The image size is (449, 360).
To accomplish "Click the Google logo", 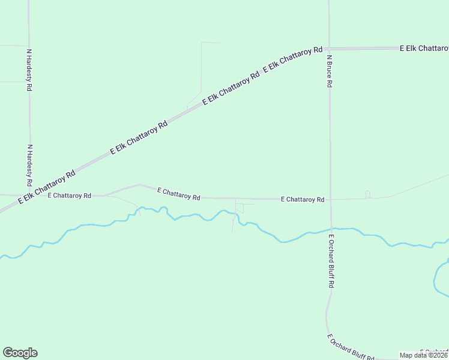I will point(20,353).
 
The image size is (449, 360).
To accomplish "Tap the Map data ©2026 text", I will point(424,355).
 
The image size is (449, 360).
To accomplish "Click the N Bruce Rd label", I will point(330,72).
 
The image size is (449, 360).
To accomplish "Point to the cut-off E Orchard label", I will point(433,352).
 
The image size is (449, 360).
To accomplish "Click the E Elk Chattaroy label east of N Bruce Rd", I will point(424,48).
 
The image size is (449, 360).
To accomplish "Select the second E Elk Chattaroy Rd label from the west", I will point(139,139).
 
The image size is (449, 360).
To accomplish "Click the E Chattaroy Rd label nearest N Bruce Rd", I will point(303,199).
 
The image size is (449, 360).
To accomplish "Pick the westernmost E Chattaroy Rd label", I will point(69,196).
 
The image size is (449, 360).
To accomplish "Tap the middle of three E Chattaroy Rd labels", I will point(178,193).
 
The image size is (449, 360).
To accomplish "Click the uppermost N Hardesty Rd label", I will point(29,70).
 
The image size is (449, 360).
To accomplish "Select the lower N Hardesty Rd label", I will point(29,165).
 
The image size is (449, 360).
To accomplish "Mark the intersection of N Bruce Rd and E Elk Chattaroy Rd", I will point(329,49).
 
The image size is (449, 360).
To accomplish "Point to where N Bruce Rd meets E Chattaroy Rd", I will point(330,199).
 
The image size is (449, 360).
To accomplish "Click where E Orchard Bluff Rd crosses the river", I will point(331,229).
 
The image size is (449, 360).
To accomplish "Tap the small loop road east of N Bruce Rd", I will point(367,194).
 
